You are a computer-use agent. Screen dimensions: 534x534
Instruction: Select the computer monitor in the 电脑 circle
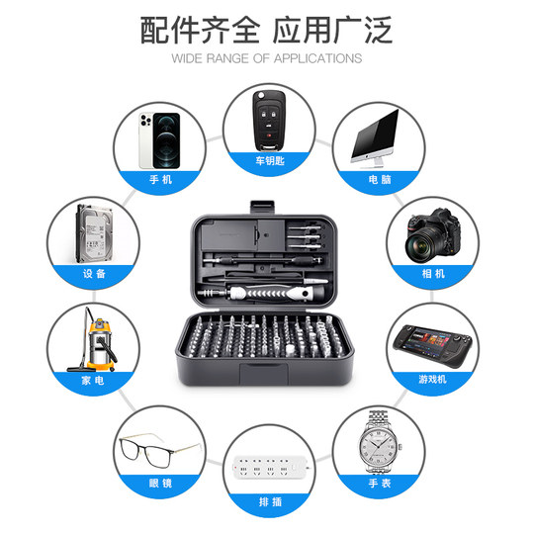[x=377, y=135]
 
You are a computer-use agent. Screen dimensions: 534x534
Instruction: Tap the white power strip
[x=267, y=466]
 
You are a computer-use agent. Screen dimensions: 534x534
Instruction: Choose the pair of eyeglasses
[x=159, y=453]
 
